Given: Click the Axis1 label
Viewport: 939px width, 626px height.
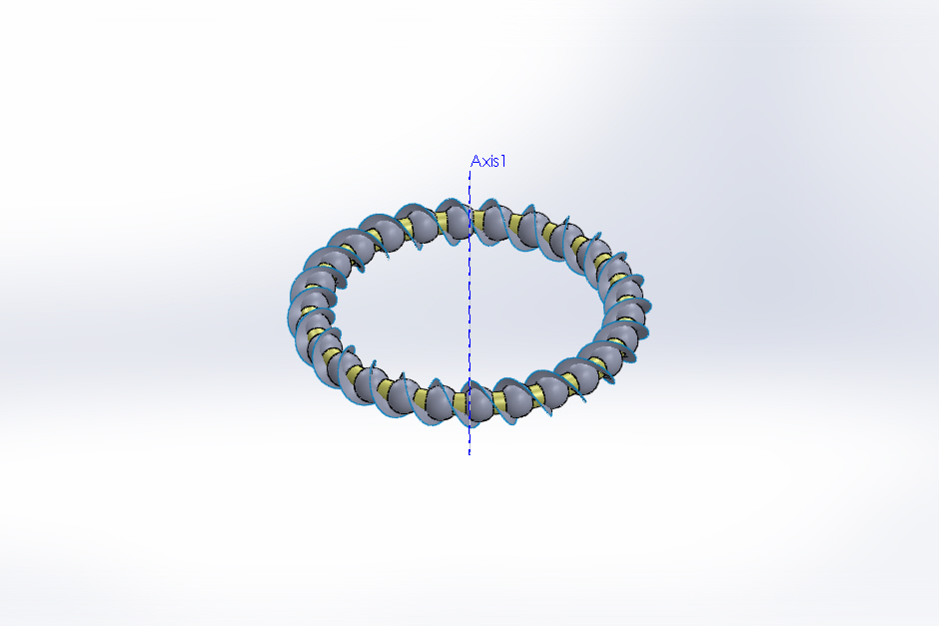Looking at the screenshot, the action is [x=488, y=161].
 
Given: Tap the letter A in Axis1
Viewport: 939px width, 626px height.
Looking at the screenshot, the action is [x=476, y=161].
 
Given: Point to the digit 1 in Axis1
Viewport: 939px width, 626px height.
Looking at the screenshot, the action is [x=503, y=161].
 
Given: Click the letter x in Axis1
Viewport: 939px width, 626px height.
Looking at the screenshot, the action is [x=486, y=163].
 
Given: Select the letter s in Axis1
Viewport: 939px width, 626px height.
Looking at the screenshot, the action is [x=495, y=163].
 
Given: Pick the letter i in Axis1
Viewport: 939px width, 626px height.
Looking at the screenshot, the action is [x=491, y=161].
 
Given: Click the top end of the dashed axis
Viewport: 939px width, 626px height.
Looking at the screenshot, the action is [x=470, y=171].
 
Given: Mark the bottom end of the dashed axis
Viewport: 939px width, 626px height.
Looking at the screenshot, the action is [x=469, y=454].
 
